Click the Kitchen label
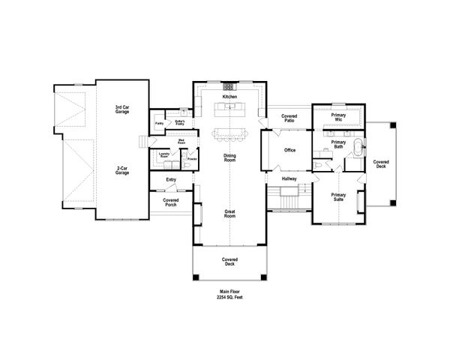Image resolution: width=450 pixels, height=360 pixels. click(x=229, y=97)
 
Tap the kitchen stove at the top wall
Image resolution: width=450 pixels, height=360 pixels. click(x=229, y=87)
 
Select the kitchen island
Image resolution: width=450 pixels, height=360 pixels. click(x=229, y=111)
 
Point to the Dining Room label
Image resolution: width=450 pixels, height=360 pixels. click(x=229, y=157)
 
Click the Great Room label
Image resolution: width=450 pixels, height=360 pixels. click(x=229, y=214)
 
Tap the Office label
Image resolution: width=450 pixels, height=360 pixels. click(x=289, y=150)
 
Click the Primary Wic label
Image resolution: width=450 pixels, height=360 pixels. click(x=338, y=117)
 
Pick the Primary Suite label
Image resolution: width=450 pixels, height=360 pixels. click(x=338, y=198)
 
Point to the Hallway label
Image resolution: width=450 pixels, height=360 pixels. click(x=289, y=179)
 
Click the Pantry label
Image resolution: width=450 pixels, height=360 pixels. click(x=160, y=124)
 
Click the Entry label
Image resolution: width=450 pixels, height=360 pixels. click(x=170, y=179)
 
